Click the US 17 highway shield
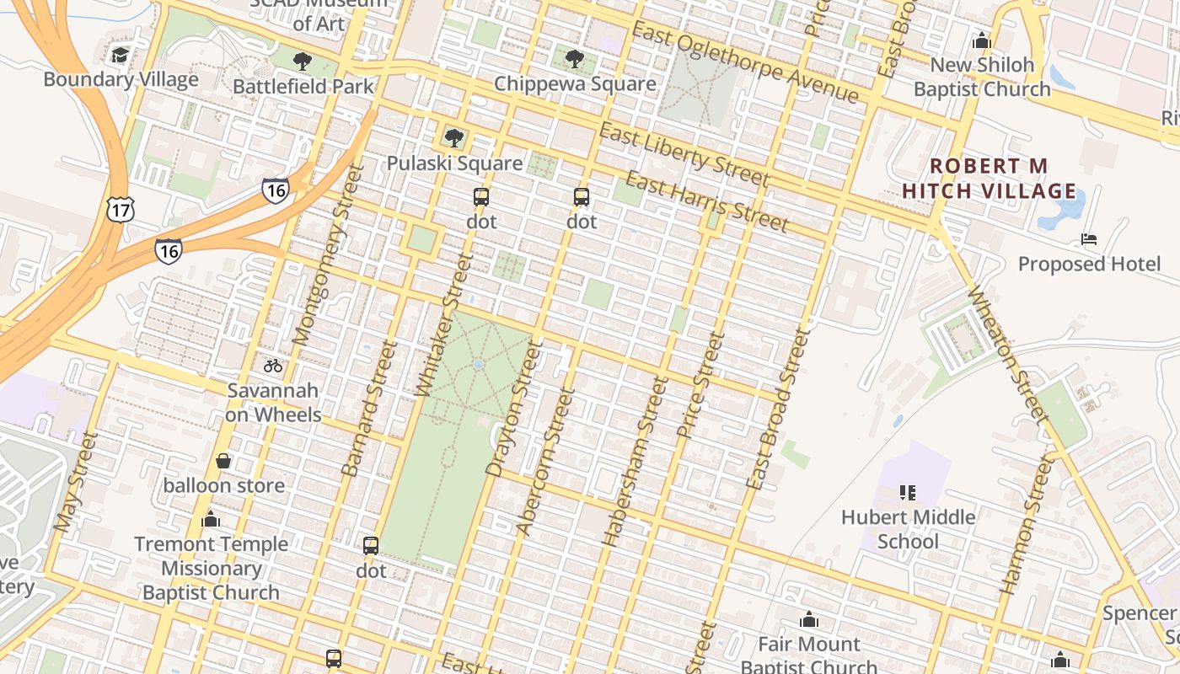coord(121,209)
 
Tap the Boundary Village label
coord(121,80)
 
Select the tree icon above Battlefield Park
coord(303,62)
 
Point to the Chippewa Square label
coord(575,84)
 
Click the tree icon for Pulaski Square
coord(454,137)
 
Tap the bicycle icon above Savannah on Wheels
coord(272,366)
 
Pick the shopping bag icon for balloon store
coord(223,461)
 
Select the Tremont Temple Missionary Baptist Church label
coord(211,568)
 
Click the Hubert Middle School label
coord(908,529)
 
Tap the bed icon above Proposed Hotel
coord(1089,239)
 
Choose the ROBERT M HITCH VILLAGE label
coord(989,179)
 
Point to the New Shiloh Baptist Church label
coord(982,78)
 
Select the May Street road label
coord(75,483)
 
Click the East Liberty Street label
coord(684,154)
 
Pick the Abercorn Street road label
coord(544,462)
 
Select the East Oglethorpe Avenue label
coord(745,63)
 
